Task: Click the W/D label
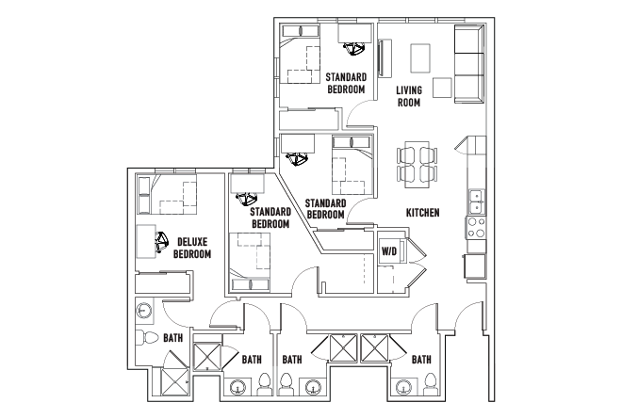click(x=388, y=251)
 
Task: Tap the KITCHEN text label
click(x=423, y=214)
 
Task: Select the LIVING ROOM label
click(x=408, y=97)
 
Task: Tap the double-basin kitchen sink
click(x=477, y=201)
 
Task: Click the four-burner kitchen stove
click(x=477, y=228)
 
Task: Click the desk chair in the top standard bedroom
click(x=355, y=47)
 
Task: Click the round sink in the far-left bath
click(x=144, y=310)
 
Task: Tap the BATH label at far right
click(x=421, y=359)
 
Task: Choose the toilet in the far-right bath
click(x=429, y=383)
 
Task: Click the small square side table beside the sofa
click(x=442, y=87)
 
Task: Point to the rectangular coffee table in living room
click(x=419, y=58)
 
